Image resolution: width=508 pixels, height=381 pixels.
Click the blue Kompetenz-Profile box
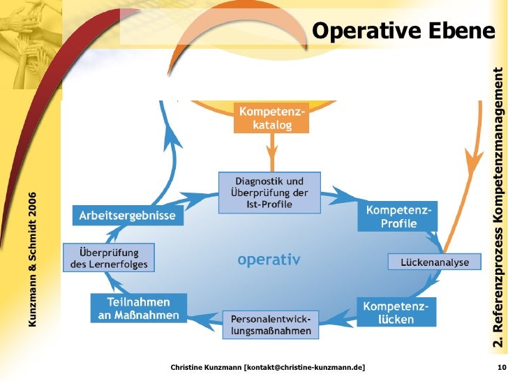(x=398, y=217)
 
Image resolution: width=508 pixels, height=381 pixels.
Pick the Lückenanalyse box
(x=435, y=262)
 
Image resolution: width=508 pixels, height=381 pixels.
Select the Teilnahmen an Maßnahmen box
(x=139, y=308)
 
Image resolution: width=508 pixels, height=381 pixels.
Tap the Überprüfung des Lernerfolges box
(x=109, y=257)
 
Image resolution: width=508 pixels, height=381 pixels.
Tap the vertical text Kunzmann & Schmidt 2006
(x=32, y=258)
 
